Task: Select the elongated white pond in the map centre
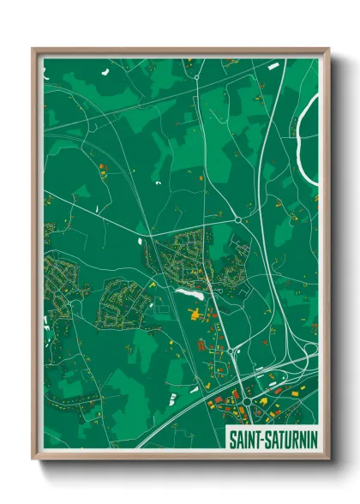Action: pyautogui.click(x=189, y=292)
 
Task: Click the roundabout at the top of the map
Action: pyautogui.click(x=196, y=77)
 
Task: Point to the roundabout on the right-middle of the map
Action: pyautogui.click(x=237, y=219)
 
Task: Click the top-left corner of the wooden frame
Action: pyautogui.click(x=33, y=49)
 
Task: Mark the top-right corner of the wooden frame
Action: pyautogui.click(x=328, y=49)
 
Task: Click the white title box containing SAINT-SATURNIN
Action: pyautogui.click(x=269, y=438)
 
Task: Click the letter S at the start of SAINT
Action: pyautogui.click(x=231, y=438)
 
